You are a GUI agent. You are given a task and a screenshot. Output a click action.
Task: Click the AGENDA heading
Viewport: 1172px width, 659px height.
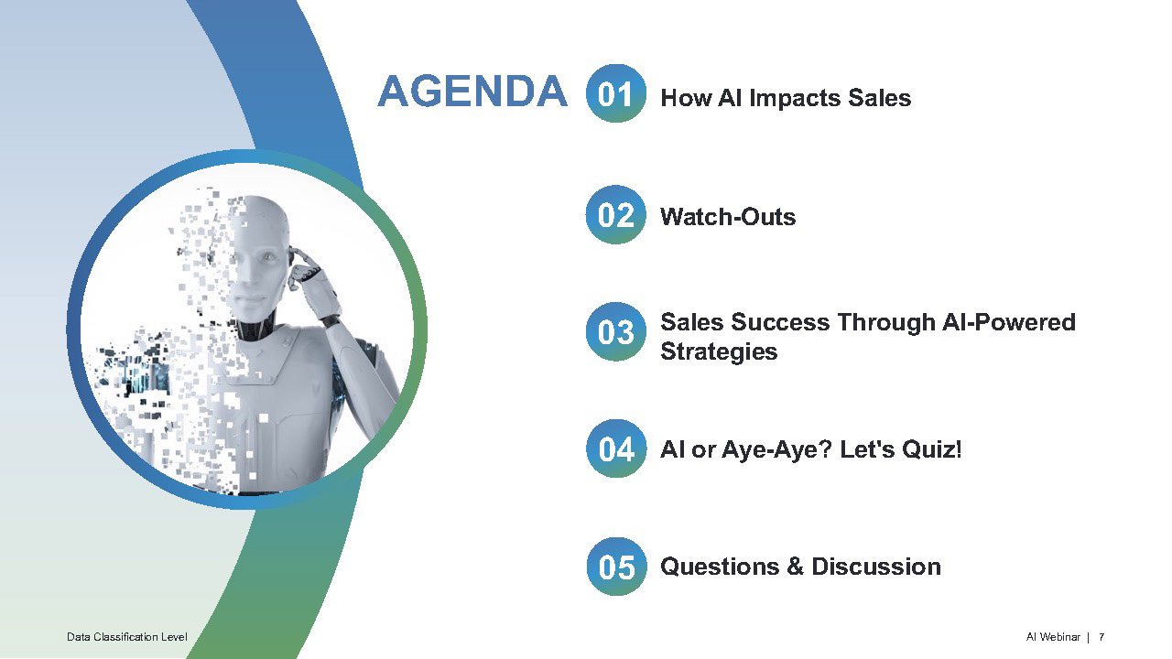472,91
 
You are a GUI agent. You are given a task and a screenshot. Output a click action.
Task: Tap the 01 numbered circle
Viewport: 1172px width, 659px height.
616,93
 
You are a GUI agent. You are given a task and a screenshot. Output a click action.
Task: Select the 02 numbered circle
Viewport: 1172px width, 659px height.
616,214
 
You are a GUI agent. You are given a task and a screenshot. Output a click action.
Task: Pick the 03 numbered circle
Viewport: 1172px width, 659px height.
616,331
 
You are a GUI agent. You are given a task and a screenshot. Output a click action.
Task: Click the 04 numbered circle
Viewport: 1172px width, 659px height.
616,448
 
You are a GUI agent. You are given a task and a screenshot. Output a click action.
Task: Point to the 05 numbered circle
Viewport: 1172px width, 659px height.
616,567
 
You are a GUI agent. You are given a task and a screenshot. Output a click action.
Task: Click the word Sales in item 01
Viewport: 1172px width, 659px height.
880,98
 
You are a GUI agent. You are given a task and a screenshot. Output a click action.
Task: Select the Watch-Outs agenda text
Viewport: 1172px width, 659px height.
728,217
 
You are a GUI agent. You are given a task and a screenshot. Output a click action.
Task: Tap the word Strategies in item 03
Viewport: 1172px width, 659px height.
719,351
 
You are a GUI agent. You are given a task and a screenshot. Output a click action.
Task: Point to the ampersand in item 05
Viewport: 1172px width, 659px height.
795,567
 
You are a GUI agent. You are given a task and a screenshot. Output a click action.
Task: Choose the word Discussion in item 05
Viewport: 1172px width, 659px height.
876,567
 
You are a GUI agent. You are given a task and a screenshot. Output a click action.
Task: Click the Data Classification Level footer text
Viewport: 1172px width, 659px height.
127,636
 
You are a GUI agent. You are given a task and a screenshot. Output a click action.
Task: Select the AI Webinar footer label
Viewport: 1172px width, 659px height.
1053,636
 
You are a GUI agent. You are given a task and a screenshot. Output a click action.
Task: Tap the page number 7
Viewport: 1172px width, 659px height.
1101,636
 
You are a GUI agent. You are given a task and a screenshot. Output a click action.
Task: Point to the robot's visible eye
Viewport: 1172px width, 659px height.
269,257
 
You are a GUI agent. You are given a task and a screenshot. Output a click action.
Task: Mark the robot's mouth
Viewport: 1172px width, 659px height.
251,299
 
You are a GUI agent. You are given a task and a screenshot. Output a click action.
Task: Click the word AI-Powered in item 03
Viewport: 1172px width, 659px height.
1008,322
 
